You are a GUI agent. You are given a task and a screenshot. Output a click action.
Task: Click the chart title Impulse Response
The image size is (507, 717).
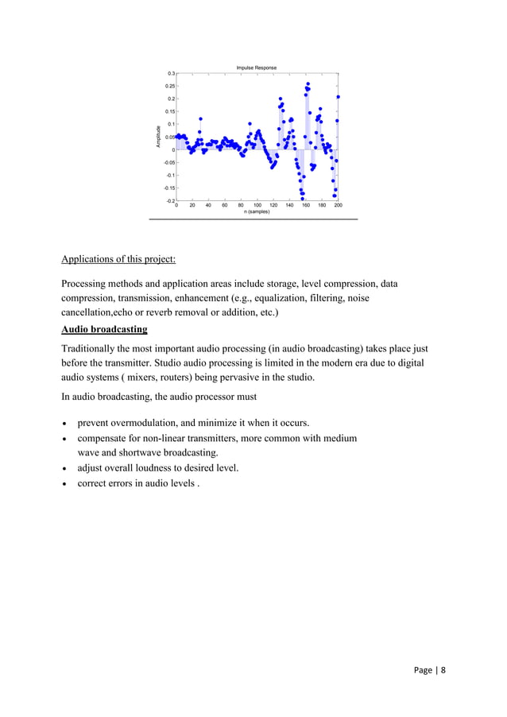click(x=256, y=68)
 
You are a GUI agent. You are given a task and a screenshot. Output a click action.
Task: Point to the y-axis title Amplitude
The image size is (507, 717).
click(x=159, y=137)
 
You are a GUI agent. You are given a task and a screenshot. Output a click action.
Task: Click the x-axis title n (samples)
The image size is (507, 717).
click(x=257, y=211)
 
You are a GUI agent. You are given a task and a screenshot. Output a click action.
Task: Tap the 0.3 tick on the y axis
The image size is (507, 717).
click(x=171, y=73)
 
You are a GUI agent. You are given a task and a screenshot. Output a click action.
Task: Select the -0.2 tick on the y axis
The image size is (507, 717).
click(x=170, y=201)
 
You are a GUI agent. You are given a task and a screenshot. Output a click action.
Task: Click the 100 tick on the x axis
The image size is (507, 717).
click(x=257, y=205)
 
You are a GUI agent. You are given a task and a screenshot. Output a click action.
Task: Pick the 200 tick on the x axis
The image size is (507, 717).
click(x=338, y=205)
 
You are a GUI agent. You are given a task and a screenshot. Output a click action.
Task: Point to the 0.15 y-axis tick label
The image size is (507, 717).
click(x=169, y=111)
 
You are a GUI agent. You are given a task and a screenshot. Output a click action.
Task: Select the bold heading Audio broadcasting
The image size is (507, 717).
click(x=104, y=329)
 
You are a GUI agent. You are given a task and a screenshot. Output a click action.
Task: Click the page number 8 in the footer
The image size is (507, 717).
click(x=443, y=670)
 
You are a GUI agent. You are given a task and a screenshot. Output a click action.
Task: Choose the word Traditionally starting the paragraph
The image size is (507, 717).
click(x=92, y=348)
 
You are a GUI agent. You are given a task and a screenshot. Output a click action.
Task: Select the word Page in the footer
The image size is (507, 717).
click(x=424, y=670)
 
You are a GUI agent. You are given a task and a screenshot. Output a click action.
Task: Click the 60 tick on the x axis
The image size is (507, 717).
click(x=224, y=205)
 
